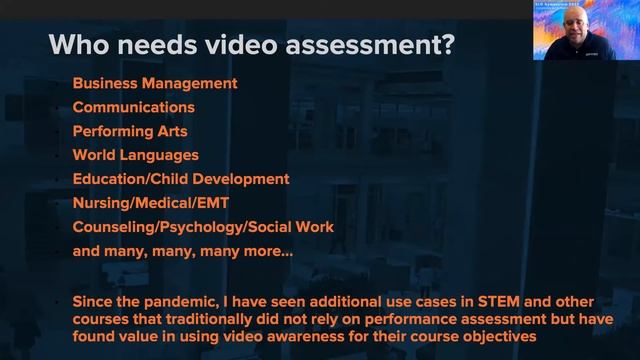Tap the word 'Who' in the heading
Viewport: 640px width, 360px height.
click(80, 45)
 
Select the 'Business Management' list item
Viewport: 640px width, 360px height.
click(154, 83)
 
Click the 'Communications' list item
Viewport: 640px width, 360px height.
click(133, 107)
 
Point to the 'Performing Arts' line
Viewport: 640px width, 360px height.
click(130, 131)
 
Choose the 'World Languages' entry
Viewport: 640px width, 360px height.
click(135, 155)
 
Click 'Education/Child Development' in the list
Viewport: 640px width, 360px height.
click(181, 179)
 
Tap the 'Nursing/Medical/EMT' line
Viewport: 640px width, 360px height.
click(150, 203)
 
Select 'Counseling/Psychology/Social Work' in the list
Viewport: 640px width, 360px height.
click(203, 227)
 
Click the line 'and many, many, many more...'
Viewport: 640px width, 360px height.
click(182, 251)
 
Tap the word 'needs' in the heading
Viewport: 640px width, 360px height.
click(159, 45)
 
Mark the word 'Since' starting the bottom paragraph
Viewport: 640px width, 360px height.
click(95, 301)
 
